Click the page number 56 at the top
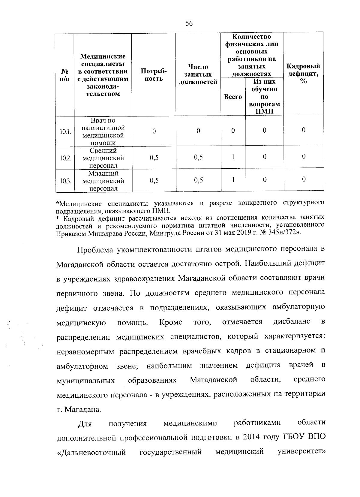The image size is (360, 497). coord(189,24)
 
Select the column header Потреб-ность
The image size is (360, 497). coord(154,75)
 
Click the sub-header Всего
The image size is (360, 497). coord(233,97)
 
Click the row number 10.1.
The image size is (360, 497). coord(65,131)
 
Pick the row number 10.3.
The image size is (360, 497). coord(65,181)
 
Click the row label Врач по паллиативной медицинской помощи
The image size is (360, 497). coord(103,132)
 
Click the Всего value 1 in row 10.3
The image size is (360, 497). coord(233,179)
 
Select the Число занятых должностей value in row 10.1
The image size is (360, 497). coord(198,131)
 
